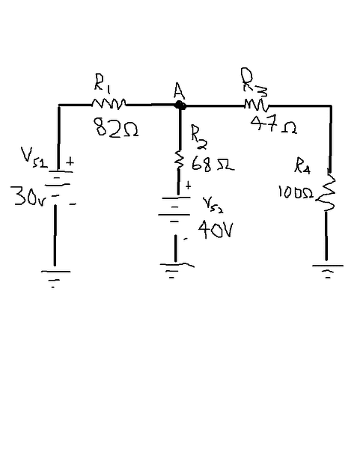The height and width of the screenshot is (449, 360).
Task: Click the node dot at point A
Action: pyautogui.click(x=180, y=105)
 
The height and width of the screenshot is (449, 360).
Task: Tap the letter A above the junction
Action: pyautogui.click(x=179, y=91)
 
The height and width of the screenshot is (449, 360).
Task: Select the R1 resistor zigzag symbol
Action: pyautogui.click(x=109, y=104)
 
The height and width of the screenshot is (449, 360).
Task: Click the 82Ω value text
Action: pyautogui.click(x=116, y=127)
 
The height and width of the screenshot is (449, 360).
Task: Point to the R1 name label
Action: pyautogui.click(x=101, y=83)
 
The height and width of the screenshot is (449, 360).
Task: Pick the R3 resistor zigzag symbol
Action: pyautogui.click(x=257, y=106)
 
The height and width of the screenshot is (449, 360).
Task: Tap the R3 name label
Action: pyautogui.click(x=254, y=82)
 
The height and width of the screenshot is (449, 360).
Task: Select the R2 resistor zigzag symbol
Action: pyautogui.click(x=180, y=159)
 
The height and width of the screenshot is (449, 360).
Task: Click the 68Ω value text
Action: pyautogui.click(x=213, y=164)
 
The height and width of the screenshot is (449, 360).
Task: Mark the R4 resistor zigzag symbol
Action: pyautogui.click(x=326, y=190)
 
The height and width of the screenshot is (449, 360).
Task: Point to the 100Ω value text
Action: pyautogui.click(x=296, y=192)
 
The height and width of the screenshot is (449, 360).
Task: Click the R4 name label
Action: pyautogui.click(x=302, y=165)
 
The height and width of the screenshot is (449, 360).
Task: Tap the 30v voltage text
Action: pyautogui.click(x=28, y=196)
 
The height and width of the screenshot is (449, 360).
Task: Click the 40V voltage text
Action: pyautogui.click(x=216, y=229)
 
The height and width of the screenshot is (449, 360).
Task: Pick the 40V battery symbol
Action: pyautogui.click(x=174, y=210)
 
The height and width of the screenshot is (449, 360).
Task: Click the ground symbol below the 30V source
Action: pyautogui.click(x=55, y=278)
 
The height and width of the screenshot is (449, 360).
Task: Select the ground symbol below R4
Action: pyautogui.click(x=328, y=272)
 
